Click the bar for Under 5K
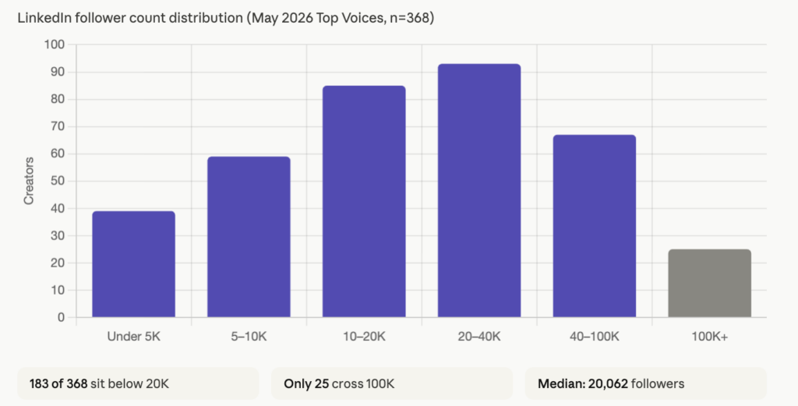pyautogui.click(x=133, y=264)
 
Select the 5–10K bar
pyautogui.click(x=249, y=237)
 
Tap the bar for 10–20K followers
pyautogui.click(x=364, y=202)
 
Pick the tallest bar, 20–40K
pyautogui.click(x=479, y=191)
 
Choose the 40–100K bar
pyautogui.click(x=595, y=226)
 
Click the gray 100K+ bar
pyautogui.click(x=709, y=284)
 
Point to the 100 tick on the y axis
pyautogui.click(x=55, y=44)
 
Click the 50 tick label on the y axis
pyautogui.click(x=58, y=181)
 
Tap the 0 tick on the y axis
pyautogui.click(x=62, y=317)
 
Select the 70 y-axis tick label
pyautogui.click(x=58, y=127)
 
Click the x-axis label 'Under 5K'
pyautogui.click(x=133, y=337)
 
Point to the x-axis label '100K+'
pyautogui.click(x=709, y=337)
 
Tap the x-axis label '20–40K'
pyautogui.click(x=479, y=337)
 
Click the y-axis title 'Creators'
pyautogui.click(x=29, y=181)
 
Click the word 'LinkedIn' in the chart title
pyautogui.click(x=46, y=18)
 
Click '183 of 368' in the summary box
pyautogui.click(x=58, y=383)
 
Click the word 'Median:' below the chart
pyautogui.click(x=561, y=383)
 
